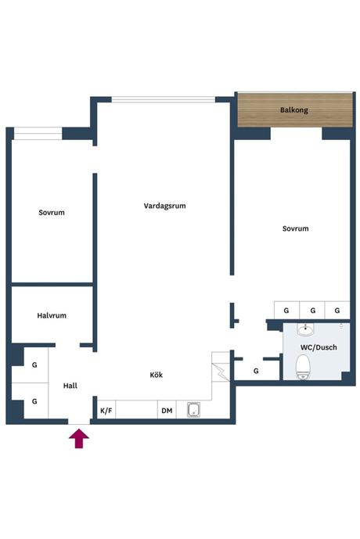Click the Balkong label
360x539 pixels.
[x=294, y=110]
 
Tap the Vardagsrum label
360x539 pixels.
[x=164, y=206]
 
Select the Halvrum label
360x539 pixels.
[x=52, y=315]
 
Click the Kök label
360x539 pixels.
[x=156, y=375]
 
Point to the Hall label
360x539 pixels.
[x=70, y=386]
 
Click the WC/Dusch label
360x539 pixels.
[x=319, y=347]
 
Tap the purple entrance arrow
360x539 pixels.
[x=79, y=438]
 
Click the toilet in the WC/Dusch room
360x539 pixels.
[x=303, y=367]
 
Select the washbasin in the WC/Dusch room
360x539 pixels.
[x=305, y=330]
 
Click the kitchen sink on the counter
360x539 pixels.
[x=193, y=410]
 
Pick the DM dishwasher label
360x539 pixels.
[x=167, y=411]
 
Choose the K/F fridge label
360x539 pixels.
[x=106, y=411]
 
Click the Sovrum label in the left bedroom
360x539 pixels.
[x=52, y=213]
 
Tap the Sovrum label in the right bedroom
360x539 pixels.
[x=295, y=228]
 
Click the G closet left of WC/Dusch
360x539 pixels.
[x=256, y=371]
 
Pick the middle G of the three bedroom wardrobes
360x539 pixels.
[x=312, y=310]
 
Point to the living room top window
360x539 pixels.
[x=164, y=99]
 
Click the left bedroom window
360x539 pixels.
[x=38, y=133]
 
